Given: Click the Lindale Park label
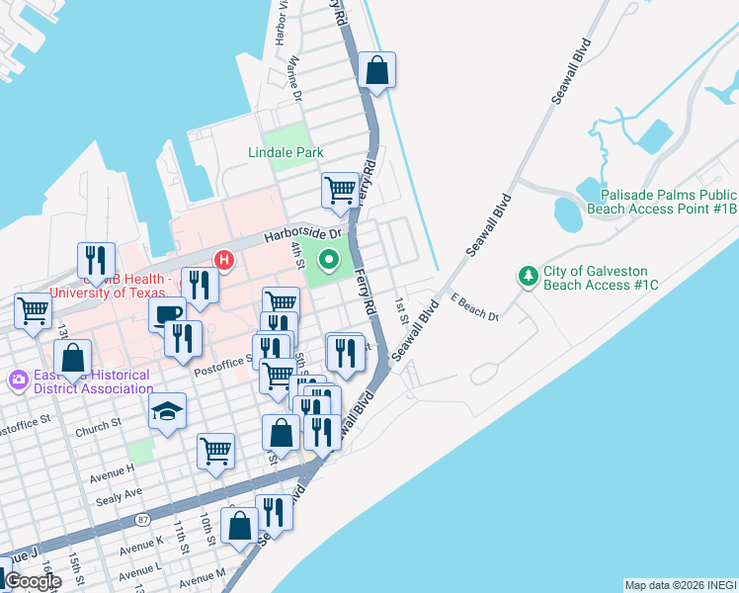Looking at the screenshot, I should tap(286, 152).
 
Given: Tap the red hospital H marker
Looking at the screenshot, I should tap(224, 261).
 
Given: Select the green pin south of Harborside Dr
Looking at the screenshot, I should tap(329, 260).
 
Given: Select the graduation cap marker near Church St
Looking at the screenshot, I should tap(167, 411).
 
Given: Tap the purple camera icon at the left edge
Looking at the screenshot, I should tap(18, 379).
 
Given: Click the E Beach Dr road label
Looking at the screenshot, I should tap(474, 307).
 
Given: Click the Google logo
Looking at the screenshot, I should tap(33, 581).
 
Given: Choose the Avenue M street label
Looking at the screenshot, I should tap(203, 578).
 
